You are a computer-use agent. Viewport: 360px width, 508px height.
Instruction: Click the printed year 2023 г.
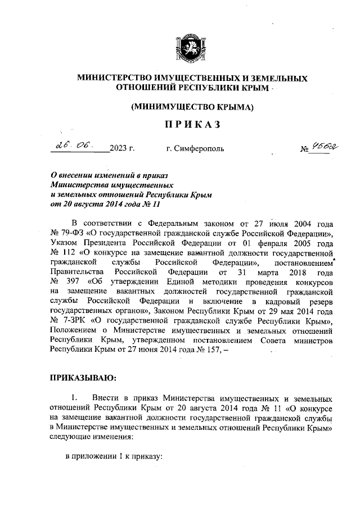pyautogui.click(x=122, y=149)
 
